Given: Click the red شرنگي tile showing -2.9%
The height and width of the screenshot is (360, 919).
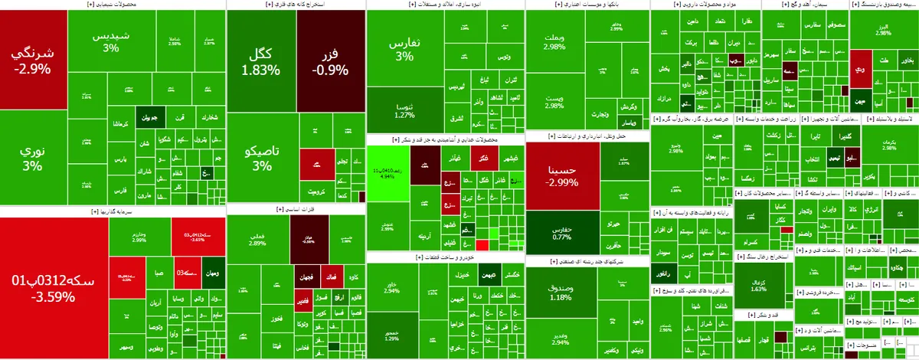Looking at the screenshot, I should point(32,61).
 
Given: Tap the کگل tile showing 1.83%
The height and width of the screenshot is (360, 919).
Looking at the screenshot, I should point(261,61).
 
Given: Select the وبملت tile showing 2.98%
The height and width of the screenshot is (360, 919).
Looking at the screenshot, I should point(553,42).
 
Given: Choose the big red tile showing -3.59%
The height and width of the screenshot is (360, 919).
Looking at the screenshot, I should point(54,287).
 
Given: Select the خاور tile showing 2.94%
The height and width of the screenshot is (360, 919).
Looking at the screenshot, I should point(391,286).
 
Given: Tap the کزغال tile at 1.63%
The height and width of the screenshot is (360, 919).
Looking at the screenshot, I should point(760,286).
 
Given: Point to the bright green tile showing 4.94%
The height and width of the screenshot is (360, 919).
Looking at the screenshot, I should point(386,172).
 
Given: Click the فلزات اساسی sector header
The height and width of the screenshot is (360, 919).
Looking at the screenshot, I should point(296,208).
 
